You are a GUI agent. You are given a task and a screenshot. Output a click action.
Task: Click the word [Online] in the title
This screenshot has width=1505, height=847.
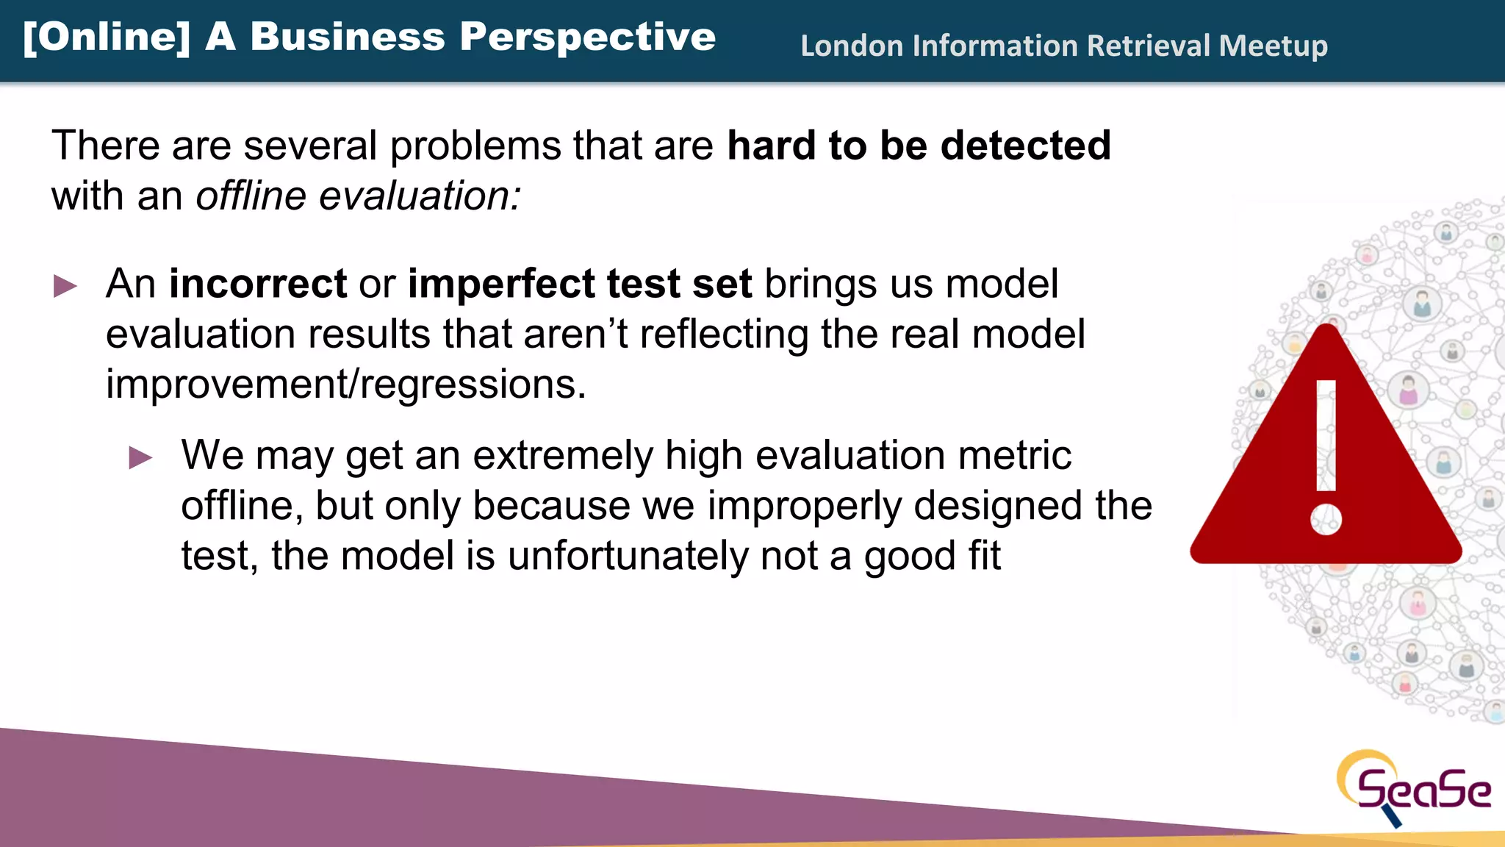tap(107, 37)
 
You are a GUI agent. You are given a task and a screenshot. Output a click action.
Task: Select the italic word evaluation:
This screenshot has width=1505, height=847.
tap(420, 196)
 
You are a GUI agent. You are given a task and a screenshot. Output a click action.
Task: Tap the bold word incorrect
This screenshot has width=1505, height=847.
tap(258, 284)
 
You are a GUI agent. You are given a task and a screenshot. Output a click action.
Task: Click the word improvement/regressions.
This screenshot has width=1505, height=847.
tap(346, 384)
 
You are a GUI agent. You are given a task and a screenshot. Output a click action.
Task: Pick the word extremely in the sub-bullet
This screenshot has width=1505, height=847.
tap(562, 455)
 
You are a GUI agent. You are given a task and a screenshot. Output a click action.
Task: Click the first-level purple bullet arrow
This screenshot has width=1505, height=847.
tap(65, 286)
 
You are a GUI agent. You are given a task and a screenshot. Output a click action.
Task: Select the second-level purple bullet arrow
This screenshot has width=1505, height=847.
tap(140, 457)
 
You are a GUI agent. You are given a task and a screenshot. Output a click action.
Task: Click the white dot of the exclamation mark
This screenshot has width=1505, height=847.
tap(1326, 519)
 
